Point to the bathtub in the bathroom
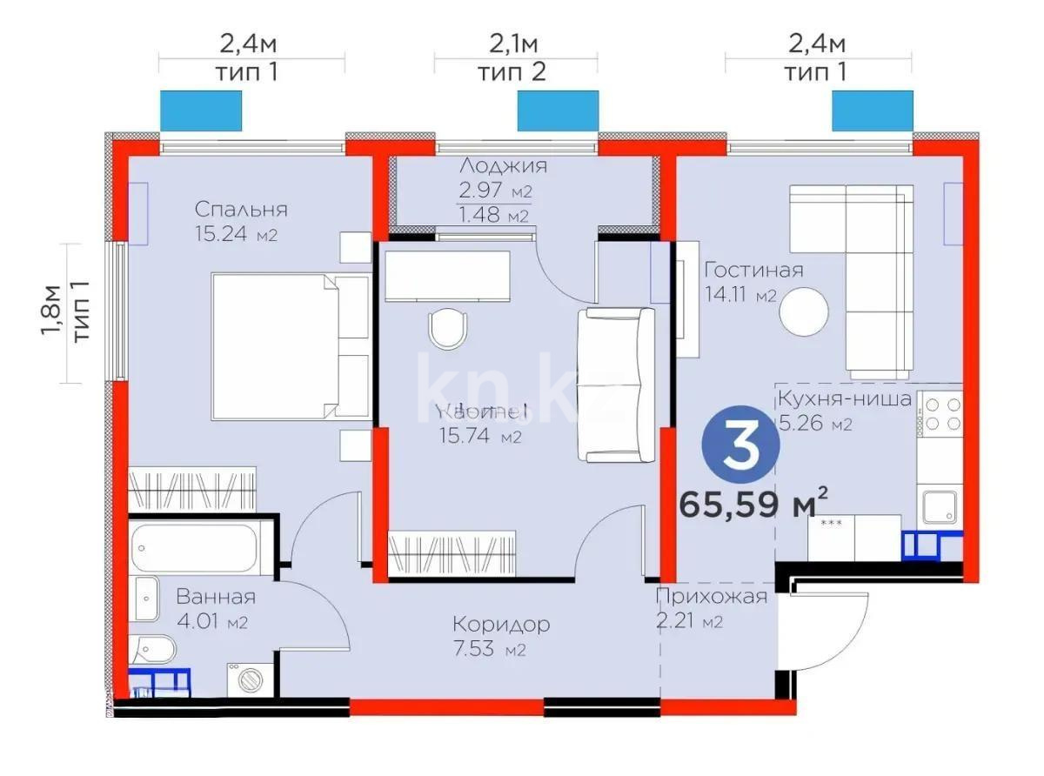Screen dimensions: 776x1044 (199, 548)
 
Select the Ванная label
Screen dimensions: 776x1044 (216, 597)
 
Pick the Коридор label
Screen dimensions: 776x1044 (501, 624)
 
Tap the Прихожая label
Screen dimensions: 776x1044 (712, 596)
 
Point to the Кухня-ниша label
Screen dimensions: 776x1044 (844, 399)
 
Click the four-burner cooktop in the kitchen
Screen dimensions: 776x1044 (940, 415)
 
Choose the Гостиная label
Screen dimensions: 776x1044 (753, 270)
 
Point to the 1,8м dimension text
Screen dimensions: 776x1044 (55, 314)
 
